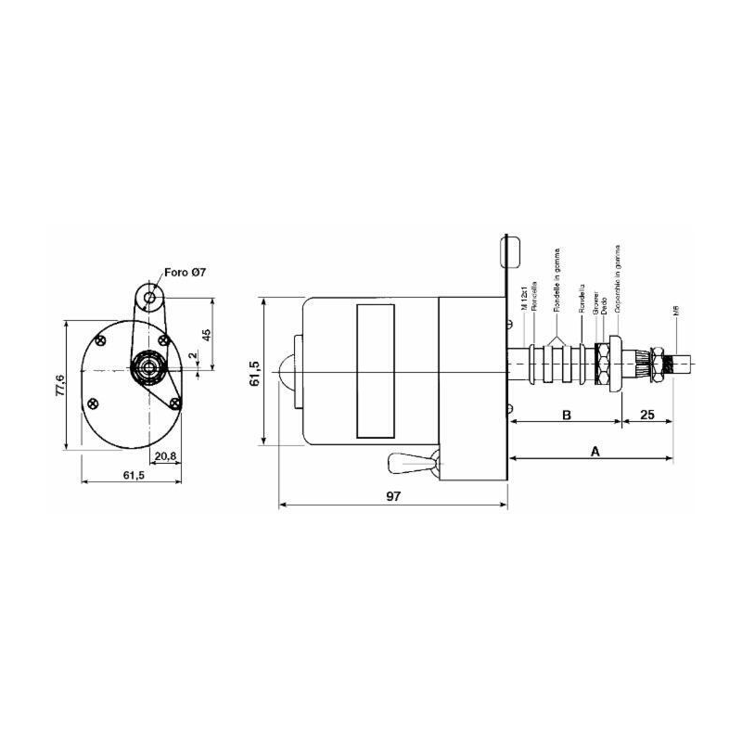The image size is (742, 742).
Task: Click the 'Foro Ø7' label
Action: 185,272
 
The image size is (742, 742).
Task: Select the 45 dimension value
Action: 207,335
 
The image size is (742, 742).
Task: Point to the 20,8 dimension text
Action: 166,456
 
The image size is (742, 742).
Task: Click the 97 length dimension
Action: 393,497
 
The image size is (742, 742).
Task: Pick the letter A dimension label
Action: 595,450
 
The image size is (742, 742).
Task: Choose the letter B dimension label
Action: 567,415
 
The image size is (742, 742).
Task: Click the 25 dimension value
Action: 647,415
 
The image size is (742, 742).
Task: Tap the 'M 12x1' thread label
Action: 525,301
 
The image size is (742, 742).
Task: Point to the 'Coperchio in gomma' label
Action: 617,278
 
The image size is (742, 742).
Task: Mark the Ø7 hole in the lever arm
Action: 150,298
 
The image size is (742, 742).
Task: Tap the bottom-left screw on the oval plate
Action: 91,403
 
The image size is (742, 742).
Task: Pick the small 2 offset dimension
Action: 192,355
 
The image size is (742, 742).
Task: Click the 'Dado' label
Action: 605,302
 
